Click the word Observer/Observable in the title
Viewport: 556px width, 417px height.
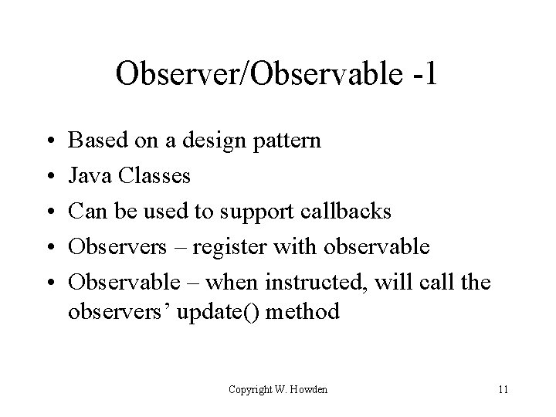[x=259, y=74]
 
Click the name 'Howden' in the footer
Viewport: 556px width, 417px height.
[x=309, y=389]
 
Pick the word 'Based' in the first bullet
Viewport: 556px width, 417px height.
[x=95, y=141]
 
